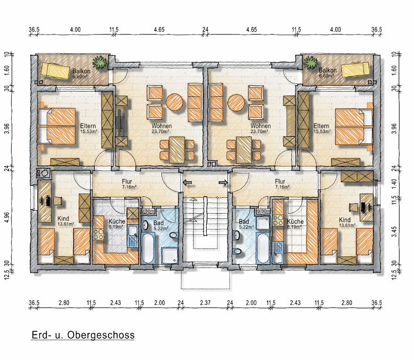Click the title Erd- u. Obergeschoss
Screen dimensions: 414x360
click(83, 335)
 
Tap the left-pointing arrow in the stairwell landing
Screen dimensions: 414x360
click(187, 183)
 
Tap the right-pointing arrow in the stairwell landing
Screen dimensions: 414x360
click(223, 183)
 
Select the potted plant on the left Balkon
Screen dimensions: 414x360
click(100, 63)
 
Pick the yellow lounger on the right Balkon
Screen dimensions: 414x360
click(355, 69)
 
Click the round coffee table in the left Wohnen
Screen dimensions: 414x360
click(175, 102)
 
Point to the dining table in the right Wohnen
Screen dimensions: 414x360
click(244, 150)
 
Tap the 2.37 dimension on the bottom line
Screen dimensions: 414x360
click(205, 303)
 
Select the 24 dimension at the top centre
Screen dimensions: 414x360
click(205, 30)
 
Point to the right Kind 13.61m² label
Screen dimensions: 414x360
click(347, 222)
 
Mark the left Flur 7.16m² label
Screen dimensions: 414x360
click(129, 184)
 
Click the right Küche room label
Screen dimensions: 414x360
click(295, 221)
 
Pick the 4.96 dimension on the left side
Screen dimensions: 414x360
click(7, 217)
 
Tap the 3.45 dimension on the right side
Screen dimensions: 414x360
click(394, 232)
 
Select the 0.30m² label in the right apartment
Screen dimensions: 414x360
click(264, 211)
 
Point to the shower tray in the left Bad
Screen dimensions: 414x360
click(169, 255)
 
